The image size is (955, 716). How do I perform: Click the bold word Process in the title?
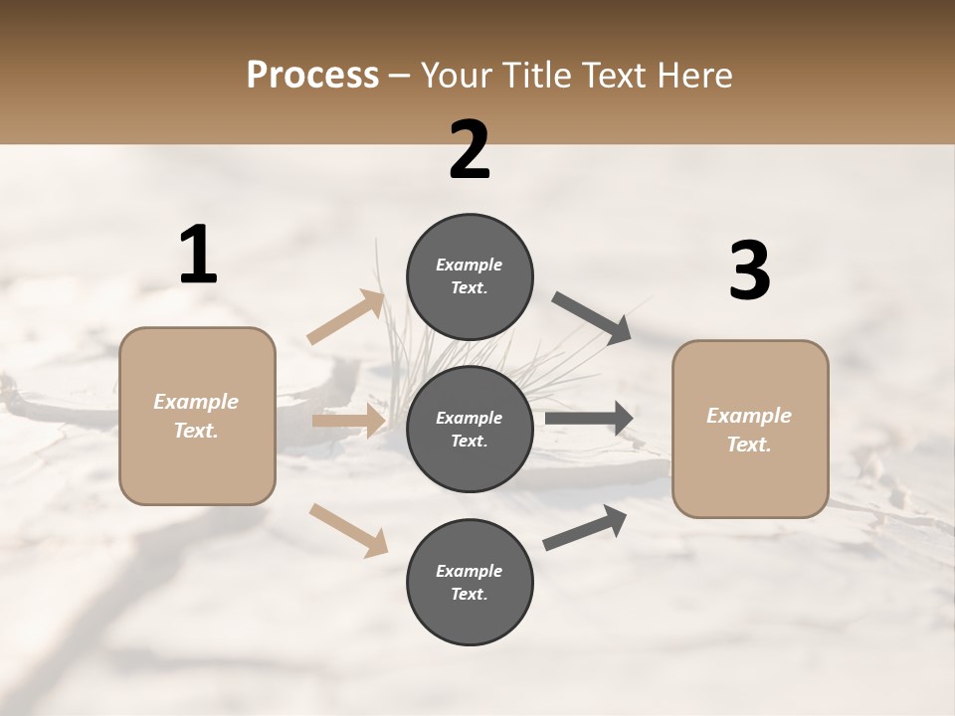coord(312,75)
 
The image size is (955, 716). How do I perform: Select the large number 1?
coord(198,256)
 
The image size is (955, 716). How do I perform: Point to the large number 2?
coord(470,150)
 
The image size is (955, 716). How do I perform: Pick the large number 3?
coord(749,271)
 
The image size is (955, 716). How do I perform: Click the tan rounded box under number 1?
coord(197,416)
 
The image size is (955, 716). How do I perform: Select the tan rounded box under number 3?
coord(750,430)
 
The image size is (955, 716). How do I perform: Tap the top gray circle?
coord(470,276)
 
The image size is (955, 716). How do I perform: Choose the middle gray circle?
coord(470,429)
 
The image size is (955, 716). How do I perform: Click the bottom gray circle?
coord(470,582)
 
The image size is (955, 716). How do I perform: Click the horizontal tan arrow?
coord(349,421)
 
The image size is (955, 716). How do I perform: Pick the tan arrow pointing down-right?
coord(348,529)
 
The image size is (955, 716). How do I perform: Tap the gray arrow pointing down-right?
coord(591,317)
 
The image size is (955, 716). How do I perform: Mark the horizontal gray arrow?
coord(589,419)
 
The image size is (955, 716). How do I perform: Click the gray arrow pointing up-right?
coord(585,527)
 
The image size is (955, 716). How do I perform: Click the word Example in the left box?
coord(196,402)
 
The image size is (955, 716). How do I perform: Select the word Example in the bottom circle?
coord(470,571)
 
